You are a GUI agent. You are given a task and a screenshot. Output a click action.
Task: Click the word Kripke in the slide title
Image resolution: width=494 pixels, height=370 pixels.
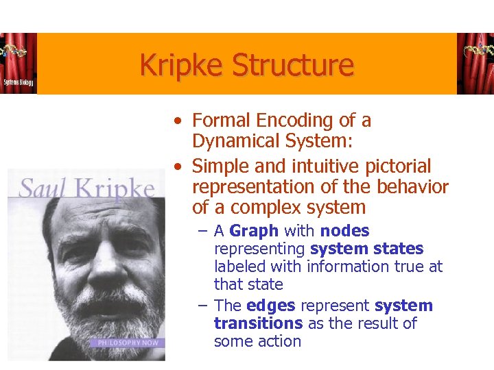point(183,66)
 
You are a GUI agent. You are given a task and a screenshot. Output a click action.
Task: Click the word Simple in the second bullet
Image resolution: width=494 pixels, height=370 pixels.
point(219,166)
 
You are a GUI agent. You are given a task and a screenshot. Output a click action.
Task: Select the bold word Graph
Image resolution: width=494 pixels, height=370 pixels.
point(254,231)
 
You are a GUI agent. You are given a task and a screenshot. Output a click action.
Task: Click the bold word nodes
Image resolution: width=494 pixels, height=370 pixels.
point(344,231)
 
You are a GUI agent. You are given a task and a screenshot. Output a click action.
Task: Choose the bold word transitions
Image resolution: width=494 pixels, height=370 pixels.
point(258,323)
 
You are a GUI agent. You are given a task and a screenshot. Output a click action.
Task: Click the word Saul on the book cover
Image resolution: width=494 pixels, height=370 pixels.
point(45,187)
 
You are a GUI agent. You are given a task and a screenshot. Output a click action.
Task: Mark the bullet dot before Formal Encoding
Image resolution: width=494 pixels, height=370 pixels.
point(178,121)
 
